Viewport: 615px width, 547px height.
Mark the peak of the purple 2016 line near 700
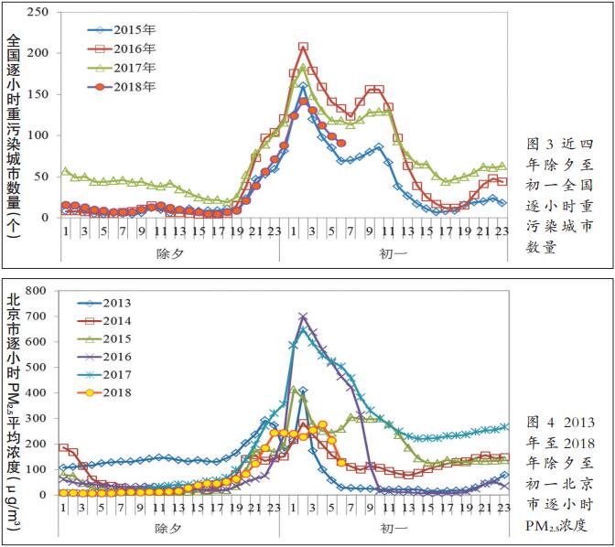tap(303, 316)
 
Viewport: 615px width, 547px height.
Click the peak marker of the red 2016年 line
tap(303, 47)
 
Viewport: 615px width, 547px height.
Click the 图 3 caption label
tap(546, 145)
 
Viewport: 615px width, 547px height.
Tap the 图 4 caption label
tap(546, 422)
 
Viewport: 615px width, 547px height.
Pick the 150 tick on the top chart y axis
tap(38, 95)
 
